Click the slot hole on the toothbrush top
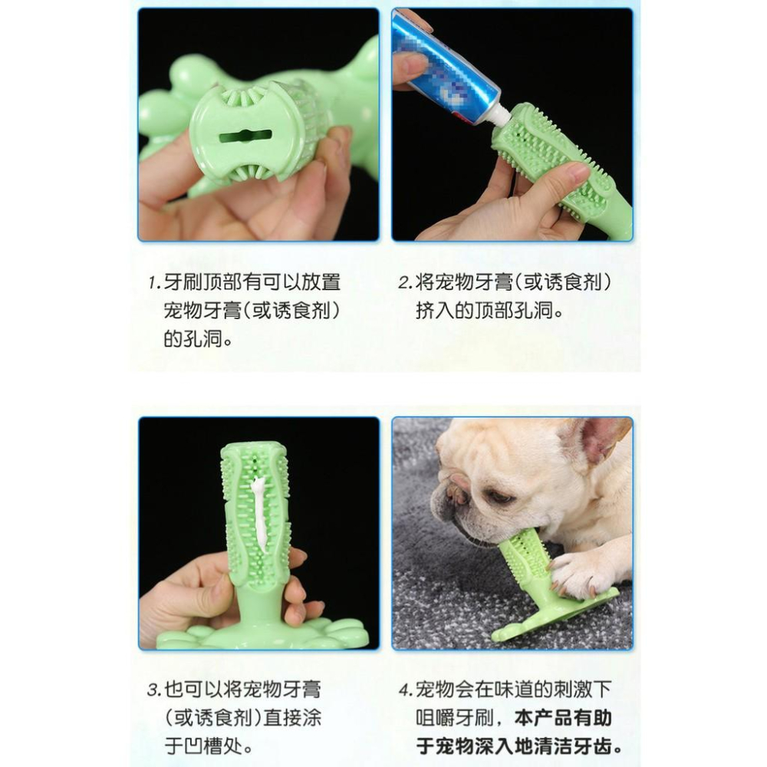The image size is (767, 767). (x=245, y=136)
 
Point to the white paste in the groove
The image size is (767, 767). (x=258, y=512)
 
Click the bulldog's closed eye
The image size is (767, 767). (x=499, y=497)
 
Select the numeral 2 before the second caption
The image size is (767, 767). (x=404, y=282)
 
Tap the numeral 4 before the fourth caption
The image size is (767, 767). (x=404, y=688)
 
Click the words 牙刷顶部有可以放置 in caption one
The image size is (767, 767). (x=252, y=282)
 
